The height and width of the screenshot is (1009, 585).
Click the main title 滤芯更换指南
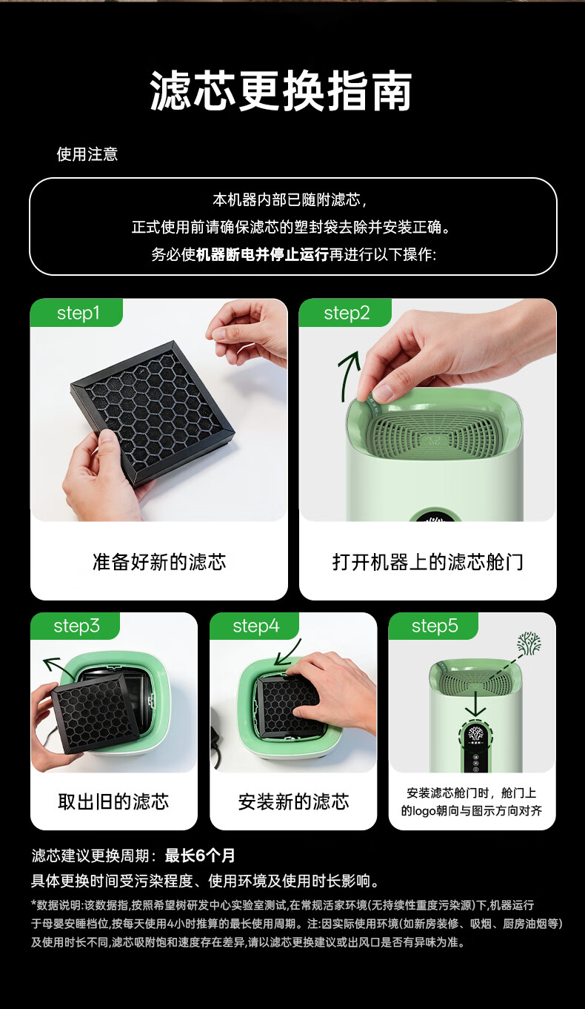pos(281,90)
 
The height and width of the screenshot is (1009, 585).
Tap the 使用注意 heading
pos(87,154)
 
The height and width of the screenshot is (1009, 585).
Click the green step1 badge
pos(76,313)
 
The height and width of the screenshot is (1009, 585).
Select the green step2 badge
pos(346,313)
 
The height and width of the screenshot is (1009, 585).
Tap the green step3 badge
pos(75,626)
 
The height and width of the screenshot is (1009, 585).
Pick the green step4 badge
pos(255,626)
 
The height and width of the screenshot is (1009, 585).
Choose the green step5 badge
pos(433,626)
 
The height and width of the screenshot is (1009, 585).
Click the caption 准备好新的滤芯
pos(159,562)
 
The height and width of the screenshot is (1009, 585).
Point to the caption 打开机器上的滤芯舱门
pos(427,562)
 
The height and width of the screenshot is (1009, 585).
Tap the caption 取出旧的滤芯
pos(113,802)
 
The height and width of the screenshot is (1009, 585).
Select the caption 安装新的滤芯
pos(293,802)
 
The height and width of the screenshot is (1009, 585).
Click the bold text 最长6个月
pos(200,856)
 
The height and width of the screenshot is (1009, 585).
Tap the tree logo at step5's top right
pos(529,644)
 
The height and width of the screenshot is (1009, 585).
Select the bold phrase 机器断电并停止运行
pos(262,254)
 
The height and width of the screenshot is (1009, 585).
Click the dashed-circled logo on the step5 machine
pos(475,734)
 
